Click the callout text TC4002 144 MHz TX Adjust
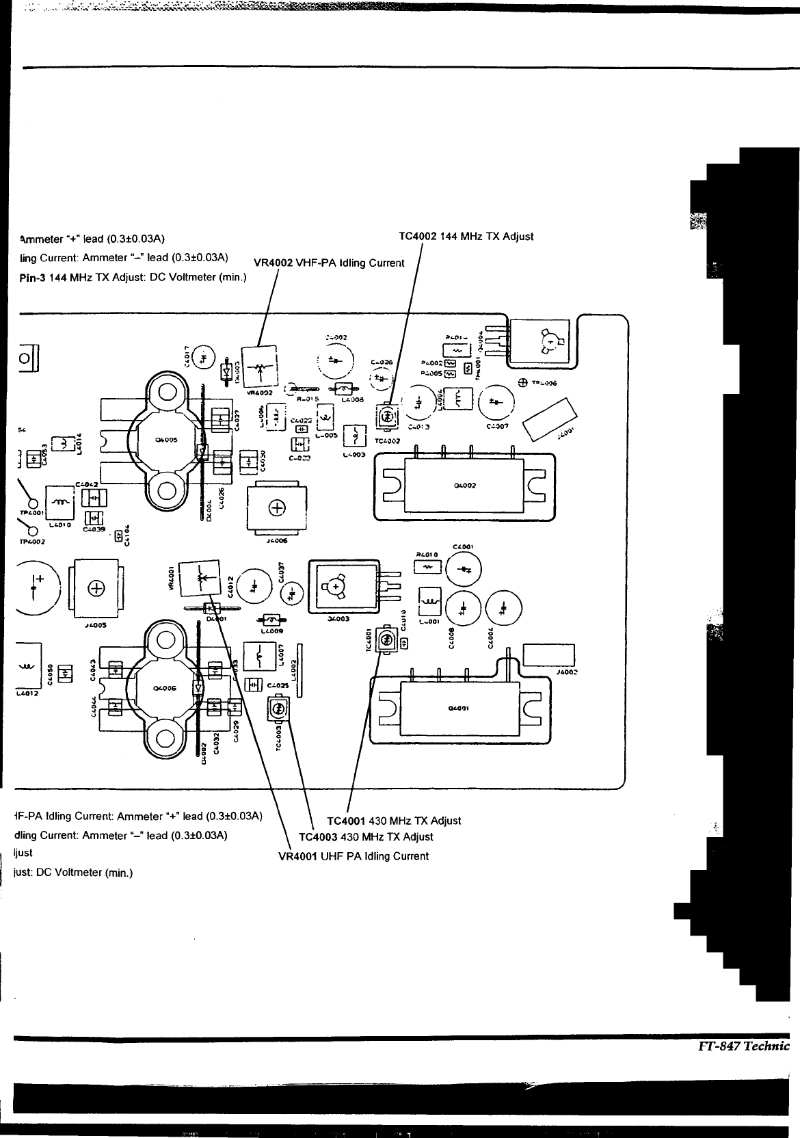(466, 237)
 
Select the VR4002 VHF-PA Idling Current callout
(328, 263)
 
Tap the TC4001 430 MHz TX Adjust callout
(394, 821)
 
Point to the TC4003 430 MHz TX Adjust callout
(366, 837)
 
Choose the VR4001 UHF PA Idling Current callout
(354, 856)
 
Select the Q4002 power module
(465, 486)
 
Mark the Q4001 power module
(458, 709)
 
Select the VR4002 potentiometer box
(258, 368)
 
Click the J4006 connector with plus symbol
(278, 508)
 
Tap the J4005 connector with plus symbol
(97, 589)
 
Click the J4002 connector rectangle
(548, 656)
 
